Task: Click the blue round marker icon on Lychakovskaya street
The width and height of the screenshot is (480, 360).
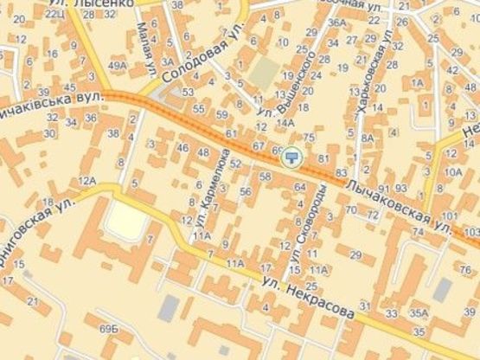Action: pyautogui.click(x=292, y=156)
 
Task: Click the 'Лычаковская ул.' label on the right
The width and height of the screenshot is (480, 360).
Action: pyautogui.click(x=397, y=205)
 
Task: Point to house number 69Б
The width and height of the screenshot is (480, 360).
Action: pyautogui.click(x=109, y=330)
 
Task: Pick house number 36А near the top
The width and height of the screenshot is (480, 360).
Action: pyautogui.click(x=336, y=22)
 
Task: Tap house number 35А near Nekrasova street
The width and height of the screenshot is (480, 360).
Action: pyautogui.click(x=419, y=312)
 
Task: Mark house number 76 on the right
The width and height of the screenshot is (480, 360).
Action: pyautogui.click(x=464, y=272)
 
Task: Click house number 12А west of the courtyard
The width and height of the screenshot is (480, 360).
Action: pyautogui.click(x=86, y=180)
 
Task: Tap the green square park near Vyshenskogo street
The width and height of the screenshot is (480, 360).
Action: pyautogui.click(x=265, y=71)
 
